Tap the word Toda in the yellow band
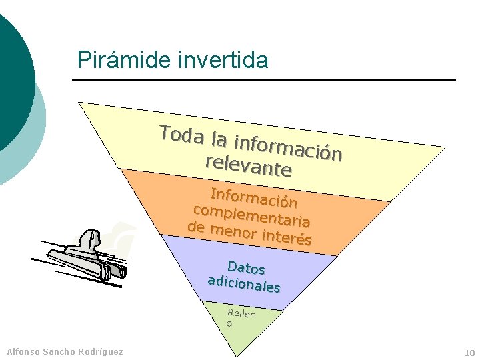pyautogui.click(x=181, y=135)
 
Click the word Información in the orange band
pyautogui.click(x=253, y=196)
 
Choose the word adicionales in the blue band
pyautogui.click(x=244, y=284)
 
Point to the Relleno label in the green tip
pyautogui.click(x=240, y=316)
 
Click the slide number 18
pyautogui.click(x=469, y=353)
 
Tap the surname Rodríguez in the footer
pyautogui.click(x=103, y=351)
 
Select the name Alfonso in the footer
pyautogui.click(x=23, y=351)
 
